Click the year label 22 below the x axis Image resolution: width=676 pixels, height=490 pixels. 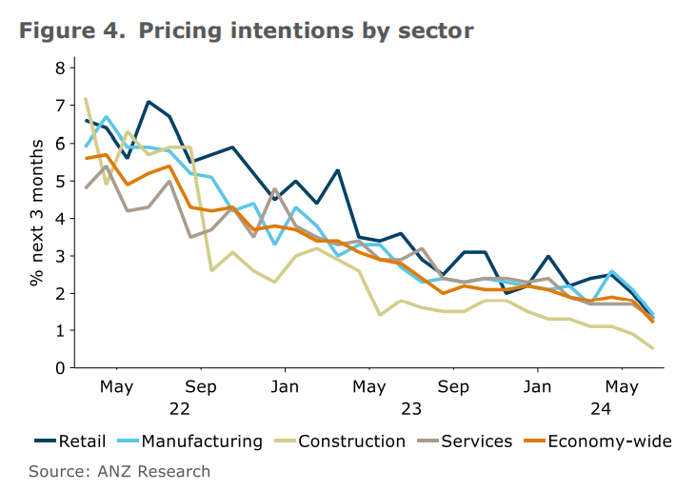click(179, 410)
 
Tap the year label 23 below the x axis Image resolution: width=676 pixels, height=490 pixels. click(411, 410)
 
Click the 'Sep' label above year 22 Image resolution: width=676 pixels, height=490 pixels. click(201, 388)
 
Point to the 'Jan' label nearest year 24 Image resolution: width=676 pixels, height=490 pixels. click(538, 388)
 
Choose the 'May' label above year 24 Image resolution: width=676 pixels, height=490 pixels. click(623, 388)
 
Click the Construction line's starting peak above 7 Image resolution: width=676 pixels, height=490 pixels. click(86, 99)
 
